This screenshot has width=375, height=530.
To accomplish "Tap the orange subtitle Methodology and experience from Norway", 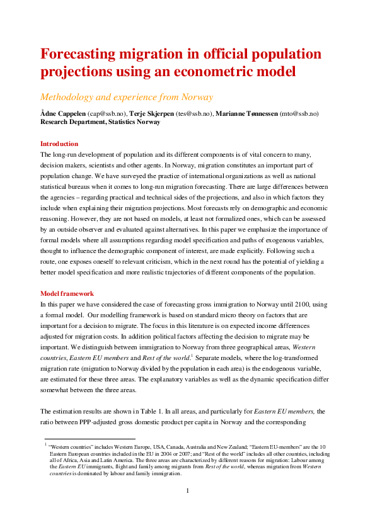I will [126, 97].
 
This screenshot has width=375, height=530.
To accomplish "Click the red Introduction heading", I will [59, 144].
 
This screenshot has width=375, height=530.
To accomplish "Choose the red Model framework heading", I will [67, 293].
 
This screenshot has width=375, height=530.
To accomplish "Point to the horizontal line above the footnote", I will [89, 439].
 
